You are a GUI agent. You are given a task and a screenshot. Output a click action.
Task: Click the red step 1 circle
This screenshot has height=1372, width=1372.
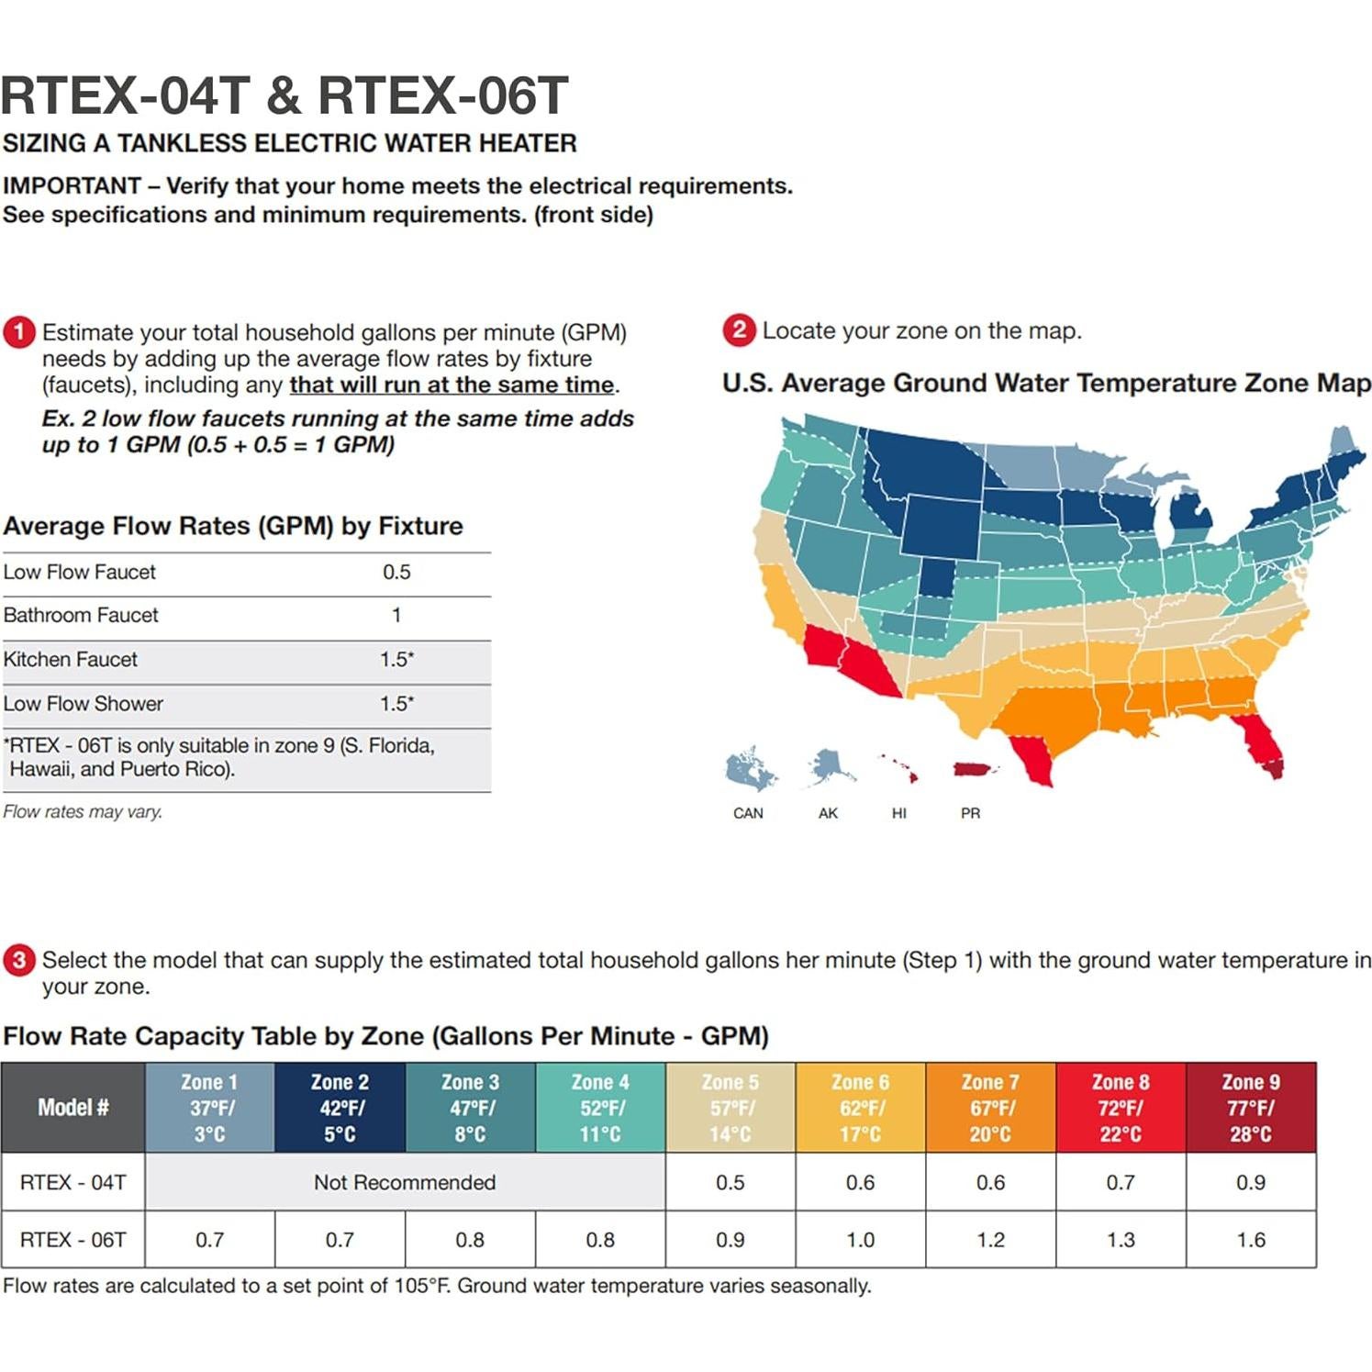pos(18,332)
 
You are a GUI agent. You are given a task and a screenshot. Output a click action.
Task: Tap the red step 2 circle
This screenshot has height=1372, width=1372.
pos(739,330)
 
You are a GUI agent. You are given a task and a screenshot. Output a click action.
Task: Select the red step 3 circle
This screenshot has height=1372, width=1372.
pos(18,960)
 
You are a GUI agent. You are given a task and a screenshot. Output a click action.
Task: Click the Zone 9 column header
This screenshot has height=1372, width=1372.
pos(1250,1108)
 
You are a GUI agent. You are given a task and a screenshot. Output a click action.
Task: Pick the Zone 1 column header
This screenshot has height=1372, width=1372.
pos(209,1108)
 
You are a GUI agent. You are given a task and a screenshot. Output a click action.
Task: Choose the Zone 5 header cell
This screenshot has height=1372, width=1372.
pos(730,1108)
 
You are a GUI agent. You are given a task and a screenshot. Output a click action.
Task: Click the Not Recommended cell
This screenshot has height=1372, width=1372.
pos(405,1182)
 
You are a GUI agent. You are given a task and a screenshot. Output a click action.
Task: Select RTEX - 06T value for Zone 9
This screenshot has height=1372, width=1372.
pos(1250,1240)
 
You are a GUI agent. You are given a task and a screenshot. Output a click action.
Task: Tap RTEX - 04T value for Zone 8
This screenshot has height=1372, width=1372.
pos(1120,1182)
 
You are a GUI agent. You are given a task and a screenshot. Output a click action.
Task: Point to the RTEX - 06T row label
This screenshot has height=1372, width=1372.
pos(73,1240)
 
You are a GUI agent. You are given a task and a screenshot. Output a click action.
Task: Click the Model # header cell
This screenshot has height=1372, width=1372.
pos(73,1108)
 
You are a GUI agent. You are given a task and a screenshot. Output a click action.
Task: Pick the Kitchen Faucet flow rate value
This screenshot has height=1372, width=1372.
pos(396,659)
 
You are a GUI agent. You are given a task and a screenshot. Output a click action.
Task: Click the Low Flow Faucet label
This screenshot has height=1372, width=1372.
pos(79,572)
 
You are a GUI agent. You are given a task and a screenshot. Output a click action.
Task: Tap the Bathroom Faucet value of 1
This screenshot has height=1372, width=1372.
pos(396,615)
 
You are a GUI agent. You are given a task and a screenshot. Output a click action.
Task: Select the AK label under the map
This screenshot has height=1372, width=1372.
pos(828,813)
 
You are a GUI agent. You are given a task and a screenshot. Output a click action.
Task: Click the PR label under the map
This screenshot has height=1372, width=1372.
pos(970,813)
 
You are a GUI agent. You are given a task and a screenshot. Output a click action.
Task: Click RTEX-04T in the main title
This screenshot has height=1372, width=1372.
pos(126,95)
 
